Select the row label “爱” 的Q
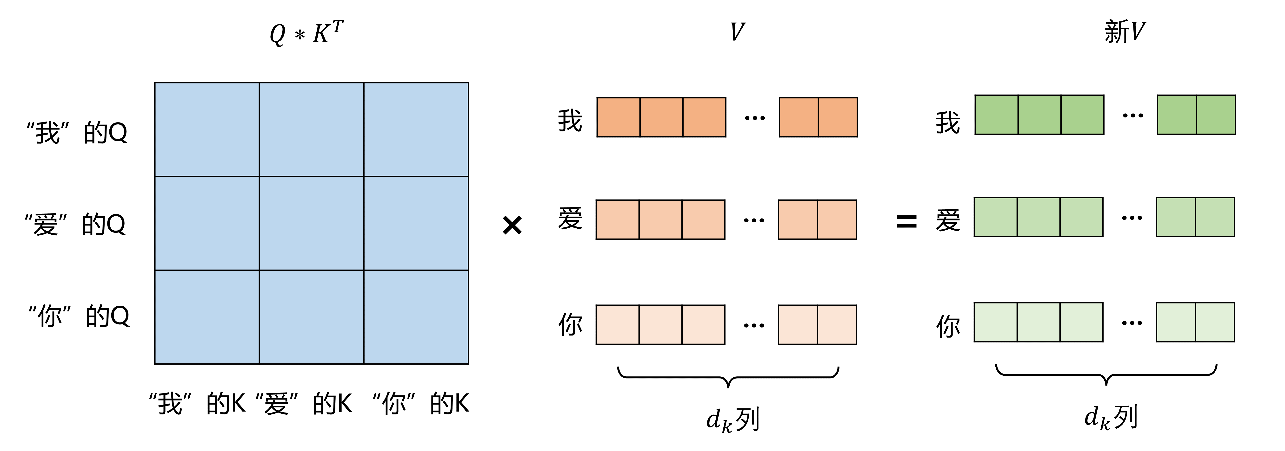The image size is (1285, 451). pyautogui.click(x=75, y=224)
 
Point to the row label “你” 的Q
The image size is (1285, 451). pyautogui.click(x=79, y=316)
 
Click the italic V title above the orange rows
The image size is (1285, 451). pyautogui.click(x=737, y=32)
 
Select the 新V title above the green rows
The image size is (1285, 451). pyautogui.click(x=1125, y=32)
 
